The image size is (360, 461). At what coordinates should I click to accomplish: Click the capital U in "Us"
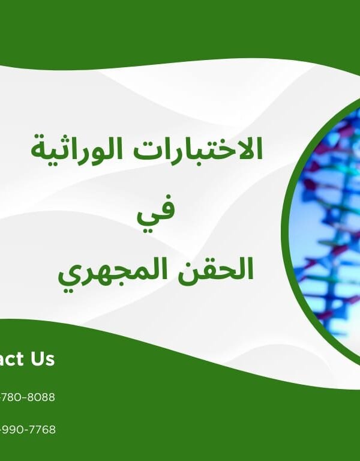click(x=34, y=360)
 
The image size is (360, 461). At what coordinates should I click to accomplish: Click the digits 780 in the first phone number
click(x=13, y=397)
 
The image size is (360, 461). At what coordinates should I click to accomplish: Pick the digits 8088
click(x=41, y=397)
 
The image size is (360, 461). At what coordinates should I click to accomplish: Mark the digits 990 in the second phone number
click(x=13, y=430)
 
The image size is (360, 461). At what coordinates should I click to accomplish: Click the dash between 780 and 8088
click(x=25, y=397)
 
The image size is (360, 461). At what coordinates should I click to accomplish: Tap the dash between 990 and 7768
click(x=26, y=430)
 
